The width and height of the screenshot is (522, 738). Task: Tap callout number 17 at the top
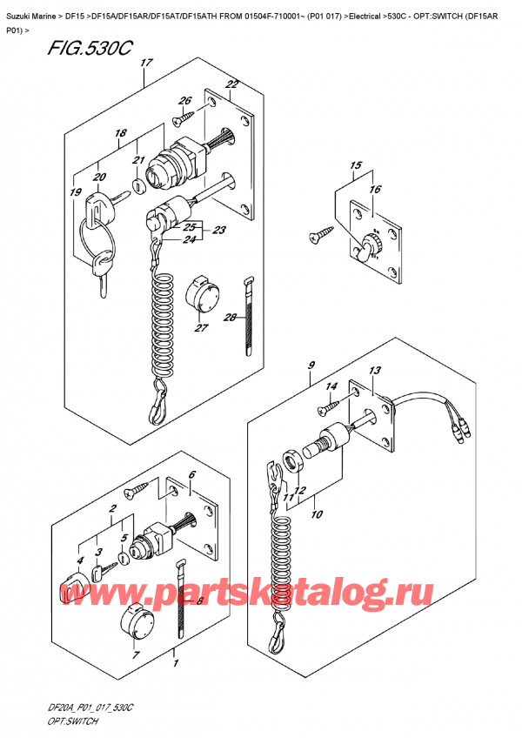tap(146, 64)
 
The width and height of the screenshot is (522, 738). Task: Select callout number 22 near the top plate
tap(231, 84)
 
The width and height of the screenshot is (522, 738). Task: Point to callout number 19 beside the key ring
tap(77, 192)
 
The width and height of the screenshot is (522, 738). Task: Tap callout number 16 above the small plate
tap(375, 188)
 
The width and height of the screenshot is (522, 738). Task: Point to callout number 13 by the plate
tap(374, 372)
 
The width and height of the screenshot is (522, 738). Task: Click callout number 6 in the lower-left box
tap(192, 474)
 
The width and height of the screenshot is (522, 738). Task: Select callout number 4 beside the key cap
tap(80, 562)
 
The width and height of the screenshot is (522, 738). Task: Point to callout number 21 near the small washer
tap(137, 160)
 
